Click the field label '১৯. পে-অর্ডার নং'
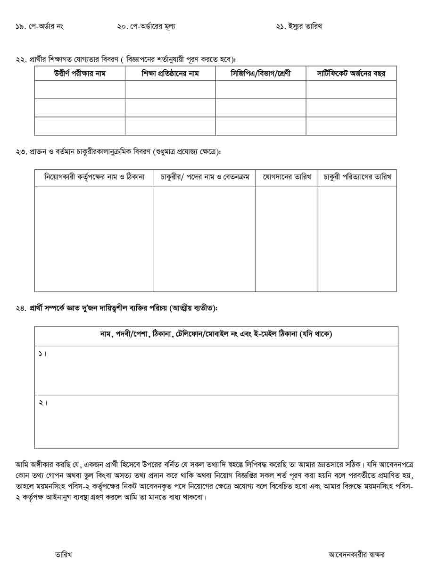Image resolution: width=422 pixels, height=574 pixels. (39, 26)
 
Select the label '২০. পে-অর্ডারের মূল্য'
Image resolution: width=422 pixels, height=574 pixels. (146, 26)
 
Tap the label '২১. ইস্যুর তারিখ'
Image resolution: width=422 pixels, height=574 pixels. (299, 26)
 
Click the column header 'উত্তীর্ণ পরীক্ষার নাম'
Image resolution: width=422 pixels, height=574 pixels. (80, 74)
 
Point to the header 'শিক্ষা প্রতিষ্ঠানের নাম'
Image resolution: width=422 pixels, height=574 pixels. (170, 74)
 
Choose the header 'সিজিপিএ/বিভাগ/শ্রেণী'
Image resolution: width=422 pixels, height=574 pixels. (261, 74)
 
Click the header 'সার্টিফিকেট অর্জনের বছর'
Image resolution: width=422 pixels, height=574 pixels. (351, 74)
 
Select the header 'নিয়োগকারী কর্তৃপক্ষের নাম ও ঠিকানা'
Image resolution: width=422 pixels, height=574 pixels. (94, 177)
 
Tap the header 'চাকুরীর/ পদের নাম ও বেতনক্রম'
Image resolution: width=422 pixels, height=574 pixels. (205, 177)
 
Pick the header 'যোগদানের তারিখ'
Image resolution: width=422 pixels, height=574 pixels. (286, 177)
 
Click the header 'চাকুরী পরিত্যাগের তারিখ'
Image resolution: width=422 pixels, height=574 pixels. (357, 177)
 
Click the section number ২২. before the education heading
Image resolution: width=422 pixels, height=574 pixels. (21, 59)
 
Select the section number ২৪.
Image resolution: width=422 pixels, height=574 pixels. (21, 308)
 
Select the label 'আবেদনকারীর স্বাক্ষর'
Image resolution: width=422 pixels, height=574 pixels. (356, 554)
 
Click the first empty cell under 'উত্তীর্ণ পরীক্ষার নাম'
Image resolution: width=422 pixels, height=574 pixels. (80, 89)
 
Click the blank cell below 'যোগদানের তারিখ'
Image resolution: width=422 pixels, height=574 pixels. (286, 239)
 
